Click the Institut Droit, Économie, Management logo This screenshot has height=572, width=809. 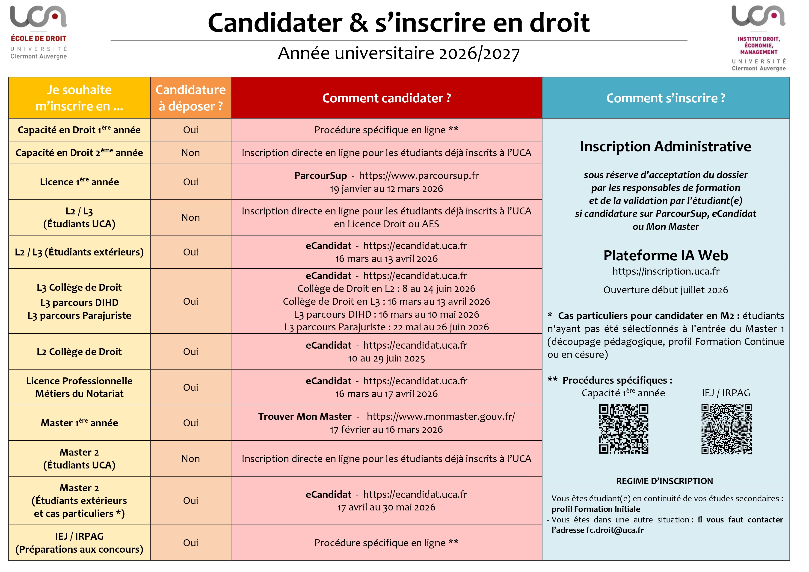click(758, 38)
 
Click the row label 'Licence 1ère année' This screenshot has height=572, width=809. click(79, 182)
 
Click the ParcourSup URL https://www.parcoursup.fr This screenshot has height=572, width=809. click(419, 175)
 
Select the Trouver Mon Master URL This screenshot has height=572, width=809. click(440, 417)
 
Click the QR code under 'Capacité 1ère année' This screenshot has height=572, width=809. click(623, 429)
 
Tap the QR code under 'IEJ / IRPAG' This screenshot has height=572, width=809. click(726, 429)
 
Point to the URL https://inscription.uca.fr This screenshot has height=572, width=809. click(666, 271)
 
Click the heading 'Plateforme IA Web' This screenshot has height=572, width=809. click(666, 255)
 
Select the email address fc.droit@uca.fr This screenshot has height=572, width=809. click(615, 530)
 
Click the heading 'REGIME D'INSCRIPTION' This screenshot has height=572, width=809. click(664, 481)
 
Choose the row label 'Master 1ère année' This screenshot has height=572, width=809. click(79, 423)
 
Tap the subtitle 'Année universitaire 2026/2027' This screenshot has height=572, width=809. click(399, 53)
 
